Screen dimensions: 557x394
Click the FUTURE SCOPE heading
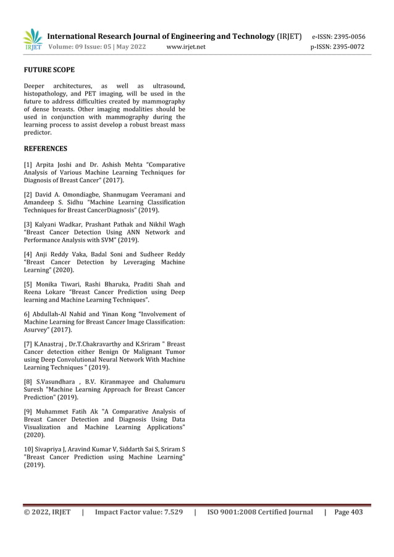tap(49, 70)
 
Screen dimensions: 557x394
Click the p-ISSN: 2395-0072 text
tap(337, 47)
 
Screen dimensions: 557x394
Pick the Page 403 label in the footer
tap(348, 512)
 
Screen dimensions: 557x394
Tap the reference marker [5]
tap(28, 285)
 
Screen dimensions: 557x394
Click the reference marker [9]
tap(28, 411)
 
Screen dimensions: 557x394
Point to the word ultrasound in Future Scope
tap(168, 85)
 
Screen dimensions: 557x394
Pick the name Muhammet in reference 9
tap(59, 411)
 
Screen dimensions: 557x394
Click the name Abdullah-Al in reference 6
tap(51, 314)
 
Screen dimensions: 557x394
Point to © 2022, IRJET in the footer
tap(47, 512)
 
